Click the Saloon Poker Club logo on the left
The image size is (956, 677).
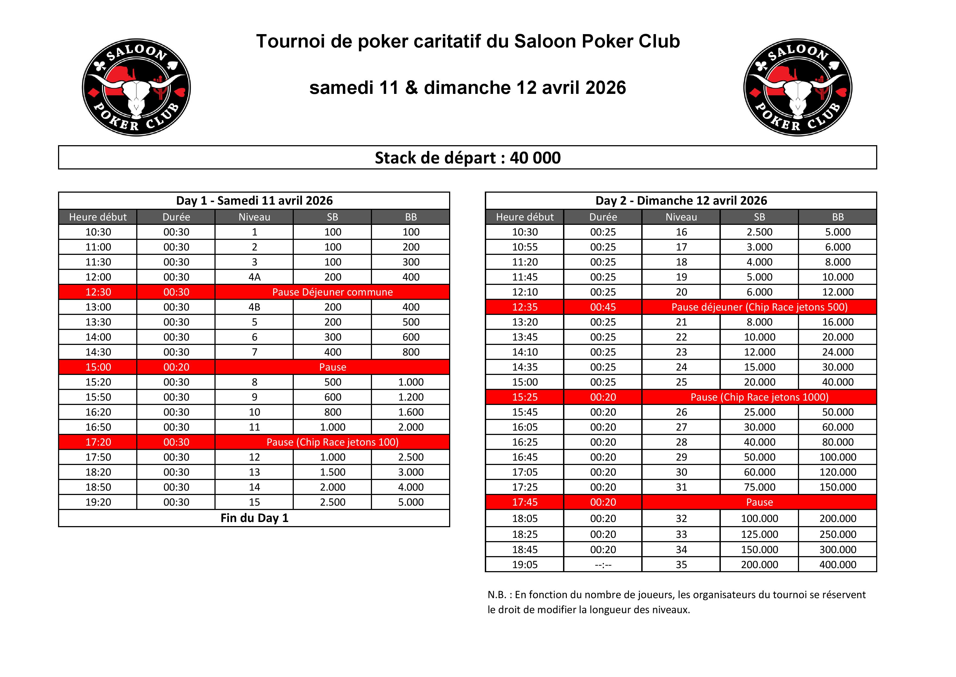point(136,88)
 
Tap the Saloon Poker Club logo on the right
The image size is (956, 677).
point(797,88)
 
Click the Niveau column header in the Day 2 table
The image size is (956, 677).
point(681,217)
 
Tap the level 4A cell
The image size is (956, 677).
point(255,277)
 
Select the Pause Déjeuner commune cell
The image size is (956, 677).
point(332,292)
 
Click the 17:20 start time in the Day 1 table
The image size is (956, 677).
point(98,442)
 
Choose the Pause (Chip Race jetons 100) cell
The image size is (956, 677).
point(332,442)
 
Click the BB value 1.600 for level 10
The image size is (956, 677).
point(410,412)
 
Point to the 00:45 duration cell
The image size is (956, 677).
point(603,307)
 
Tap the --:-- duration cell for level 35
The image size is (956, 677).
point(603,565)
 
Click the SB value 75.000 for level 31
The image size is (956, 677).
point(760,487)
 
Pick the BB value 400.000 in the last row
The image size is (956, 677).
point(838,565)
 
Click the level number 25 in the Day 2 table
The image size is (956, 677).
point(681,382)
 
